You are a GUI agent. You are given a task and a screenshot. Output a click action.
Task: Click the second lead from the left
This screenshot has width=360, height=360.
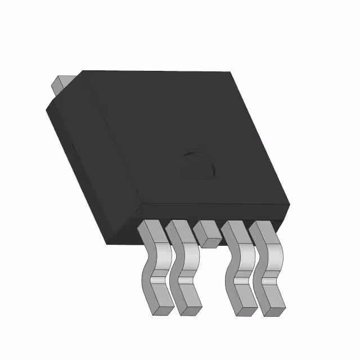pos(183,264)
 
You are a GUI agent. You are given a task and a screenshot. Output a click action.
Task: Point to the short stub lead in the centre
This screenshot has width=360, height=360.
pos(207,233)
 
